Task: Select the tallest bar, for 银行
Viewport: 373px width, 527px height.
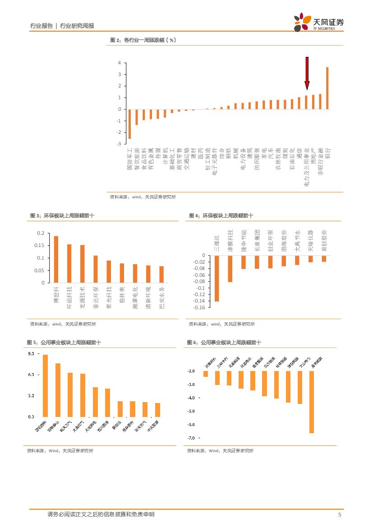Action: coord(327,88)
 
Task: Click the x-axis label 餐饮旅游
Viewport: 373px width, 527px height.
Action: coord(137,159)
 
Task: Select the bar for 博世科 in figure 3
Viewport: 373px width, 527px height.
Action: coord(56,259)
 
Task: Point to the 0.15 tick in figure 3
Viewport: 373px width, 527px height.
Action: coord(41,246)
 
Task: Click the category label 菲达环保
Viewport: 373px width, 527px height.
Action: coord(96,298)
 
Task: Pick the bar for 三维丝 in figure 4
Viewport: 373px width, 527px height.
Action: coord(216,278)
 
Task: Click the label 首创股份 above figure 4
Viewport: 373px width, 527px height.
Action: coord(324,240)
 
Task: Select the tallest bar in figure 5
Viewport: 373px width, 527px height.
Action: coord(45,385)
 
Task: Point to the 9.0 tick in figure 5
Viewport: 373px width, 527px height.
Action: coord(31,354)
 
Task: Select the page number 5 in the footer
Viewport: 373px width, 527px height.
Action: coord(340,514)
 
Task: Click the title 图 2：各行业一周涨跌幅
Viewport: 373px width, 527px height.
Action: coord(143,40)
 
